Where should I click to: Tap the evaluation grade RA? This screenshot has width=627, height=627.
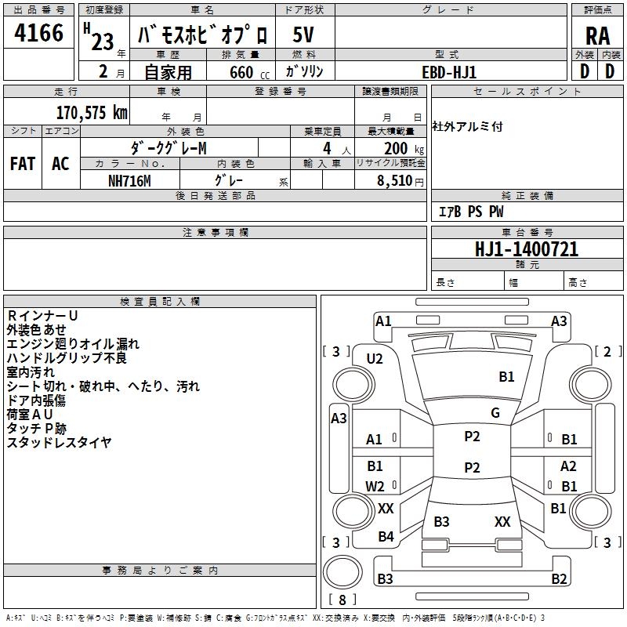point(597,36)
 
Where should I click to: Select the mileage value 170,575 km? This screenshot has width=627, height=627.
point(92,113)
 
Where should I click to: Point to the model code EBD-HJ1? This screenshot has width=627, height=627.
point(449,71)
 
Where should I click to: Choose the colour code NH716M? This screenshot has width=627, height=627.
point(129,180)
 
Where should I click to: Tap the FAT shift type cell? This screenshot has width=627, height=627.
point(23,164)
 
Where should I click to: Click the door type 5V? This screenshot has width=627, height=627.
point(305,35)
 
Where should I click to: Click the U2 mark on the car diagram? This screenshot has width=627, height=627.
point(375,358)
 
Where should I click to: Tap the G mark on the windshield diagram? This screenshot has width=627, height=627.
point(495,413)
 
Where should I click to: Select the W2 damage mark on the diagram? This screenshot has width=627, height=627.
point(375,486)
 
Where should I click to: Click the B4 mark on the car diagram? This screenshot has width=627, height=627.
point(386,537)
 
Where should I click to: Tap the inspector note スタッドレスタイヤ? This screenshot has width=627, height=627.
point(60,443)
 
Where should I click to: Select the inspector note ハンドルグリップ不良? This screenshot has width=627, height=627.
point(67,358)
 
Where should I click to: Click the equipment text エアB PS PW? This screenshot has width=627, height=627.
point(471,212)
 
